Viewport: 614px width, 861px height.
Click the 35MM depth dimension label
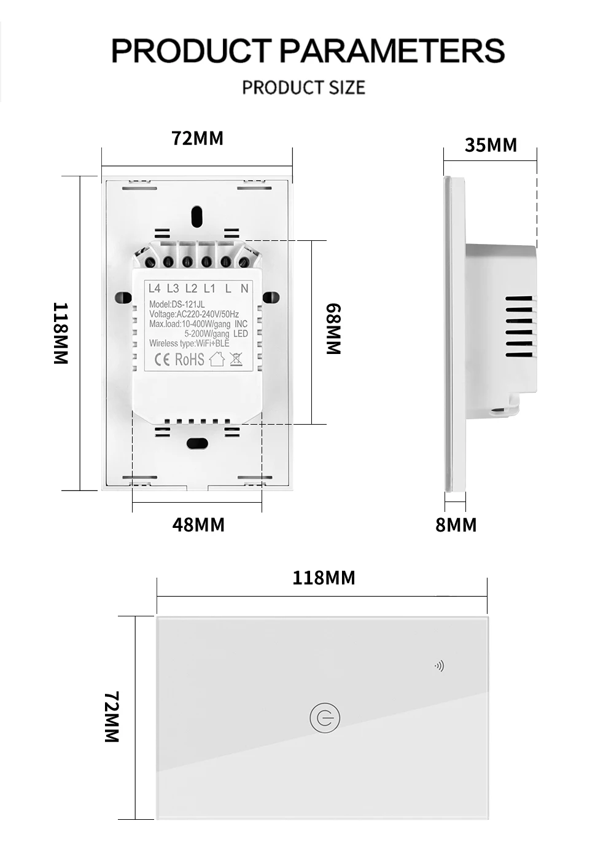pos(491,145)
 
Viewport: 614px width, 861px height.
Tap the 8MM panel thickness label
pos(456,525)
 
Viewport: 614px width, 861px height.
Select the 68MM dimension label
pos(333,329)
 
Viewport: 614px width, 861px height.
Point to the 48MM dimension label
pos(198,525)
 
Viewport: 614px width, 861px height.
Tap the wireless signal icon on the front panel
pos(439,666)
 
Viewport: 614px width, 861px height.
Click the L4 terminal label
pos(154,288)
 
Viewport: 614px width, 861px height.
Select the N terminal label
pos(244,288)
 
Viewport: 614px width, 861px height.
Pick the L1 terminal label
pos(209,288)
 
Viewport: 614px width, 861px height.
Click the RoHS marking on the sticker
pos(190,360)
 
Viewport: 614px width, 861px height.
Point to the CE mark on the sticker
pos(161,360)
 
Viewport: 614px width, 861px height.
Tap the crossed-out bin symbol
pos(236,359)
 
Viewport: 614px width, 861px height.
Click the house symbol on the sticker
pos(217,359)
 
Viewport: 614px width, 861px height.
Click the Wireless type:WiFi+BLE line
pos(189,344)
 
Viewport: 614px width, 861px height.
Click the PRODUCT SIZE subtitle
pos(303,88)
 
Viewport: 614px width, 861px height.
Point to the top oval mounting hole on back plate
pos(196,216)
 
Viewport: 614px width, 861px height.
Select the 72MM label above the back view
pos(197,138)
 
